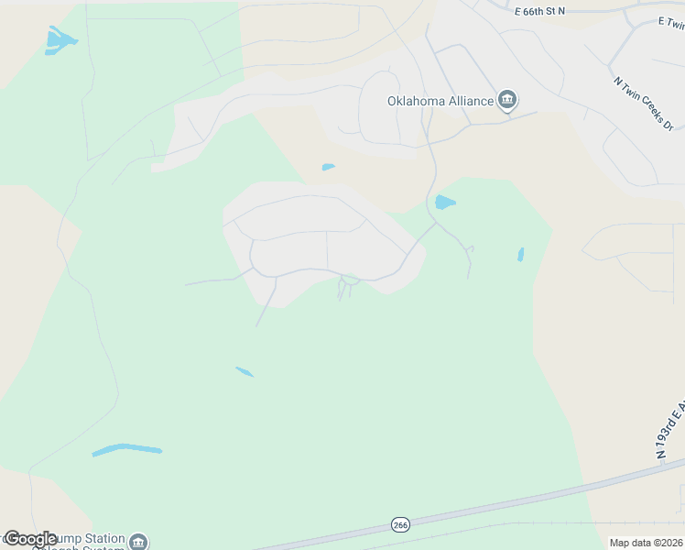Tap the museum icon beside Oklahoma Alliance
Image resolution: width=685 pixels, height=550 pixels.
pos(507,101)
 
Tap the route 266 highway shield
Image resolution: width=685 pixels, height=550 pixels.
pos(400,524)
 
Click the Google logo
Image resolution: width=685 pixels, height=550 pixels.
pos(31,539)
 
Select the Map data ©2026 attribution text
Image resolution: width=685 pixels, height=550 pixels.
pos(647,543)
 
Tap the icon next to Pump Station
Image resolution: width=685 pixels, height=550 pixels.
pos(138,542)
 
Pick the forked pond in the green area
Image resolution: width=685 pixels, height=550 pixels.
pos(59,39)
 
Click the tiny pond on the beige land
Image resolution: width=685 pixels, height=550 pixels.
pos(328,167)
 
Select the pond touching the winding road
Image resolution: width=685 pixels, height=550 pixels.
pos(445,203)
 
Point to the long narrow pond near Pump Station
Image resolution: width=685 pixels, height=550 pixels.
pos(126,450)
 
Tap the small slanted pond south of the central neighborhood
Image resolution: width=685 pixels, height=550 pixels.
pos(245,371)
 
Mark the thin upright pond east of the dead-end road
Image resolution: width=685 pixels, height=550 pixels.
pos(520,254)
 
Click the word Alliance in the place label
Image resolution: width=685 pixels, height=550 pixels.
pos(467,101)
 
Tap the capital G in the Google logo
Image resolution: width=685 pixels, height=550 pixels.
pos(12,539)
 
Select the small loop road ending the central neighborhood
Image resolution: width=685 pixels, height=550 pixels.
pos(348,280)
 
